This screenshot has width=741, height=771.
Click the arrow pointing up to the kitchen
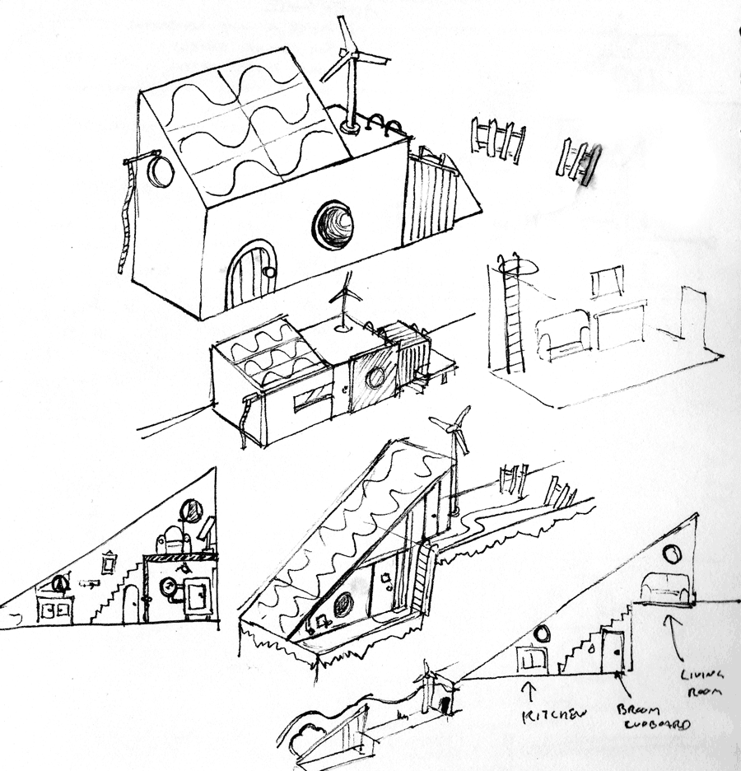[528, 689]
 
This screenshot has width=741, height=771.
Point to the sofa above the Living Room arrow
[666, 587]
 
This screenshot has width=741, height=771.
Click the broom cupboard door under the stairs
[613, 650]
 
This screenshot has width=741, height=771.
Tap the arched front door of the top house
[251, 275]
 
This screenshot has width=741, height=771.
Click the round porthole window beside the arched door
[333, 224]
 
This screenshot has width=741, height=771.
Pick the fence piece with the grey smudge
[579, 161]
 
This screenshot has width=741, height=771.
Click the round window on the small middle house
[375, 378]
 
